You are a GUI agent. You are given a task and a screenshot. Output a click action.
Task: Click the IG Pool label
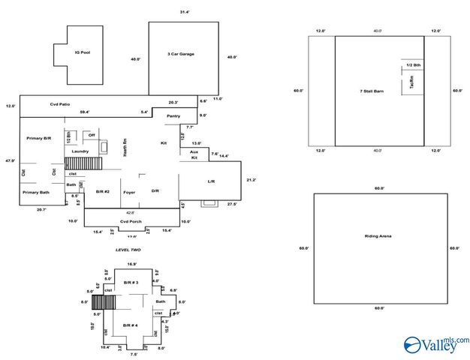tap(82, 52)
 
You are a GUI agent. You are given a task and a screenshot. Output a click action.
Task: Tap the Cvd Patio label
tap(60, 104)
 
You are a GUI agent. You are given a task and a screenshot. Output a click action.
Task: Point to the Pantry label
tap(173, 116)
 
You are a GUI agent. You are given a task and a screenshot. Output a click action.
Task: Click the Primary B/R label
tap(38, 139)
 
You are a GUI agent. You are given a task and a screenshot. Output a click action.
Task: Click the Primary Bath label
tap(35, 193)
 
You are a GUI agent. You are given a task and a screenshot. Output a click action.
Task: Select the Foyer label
tap(129, 191)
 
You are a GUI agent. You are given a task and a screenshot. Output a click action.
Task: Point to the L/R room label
tap(211, 182)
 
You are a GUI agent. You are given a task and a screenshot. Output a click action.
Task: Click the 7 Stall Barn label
tap(372, 91)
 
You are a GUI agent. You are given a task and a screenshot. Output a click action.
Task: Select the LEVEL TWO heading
tap(128, 250)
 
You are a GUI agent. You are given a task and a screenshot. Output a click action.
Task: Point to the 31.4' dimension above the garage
tap(185, 12)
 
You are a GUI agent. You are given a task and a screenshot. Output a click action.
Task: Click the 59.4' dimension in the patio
tap(84, 112)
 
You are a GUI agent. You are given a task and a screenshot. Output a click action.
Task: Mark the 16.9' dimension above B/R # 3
tap(132, 264)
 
